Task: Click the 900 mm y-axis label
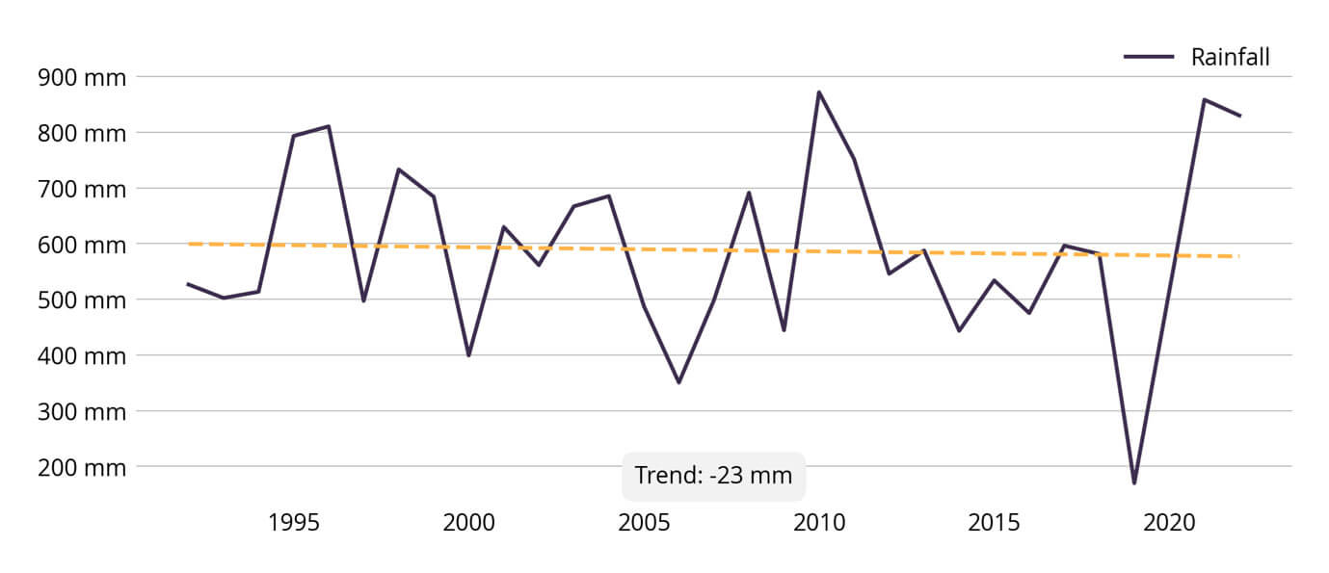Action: pyautogui.click(x=81, y=77)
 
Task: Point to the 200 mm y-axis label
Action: pyautogui.click(x=81, y=467)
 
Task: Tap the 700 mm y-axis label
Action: pyautogui.click(x=81, y=189)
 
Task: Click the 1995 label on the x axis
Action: pyautogui.click(x=293, y=523)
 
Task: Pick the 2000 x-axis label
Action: pyautogui.click(x=468, y=523)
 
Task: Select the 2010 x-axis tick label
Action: pyautogui.click(x=819, y=523)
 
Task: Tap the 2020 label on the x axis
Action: pyautogui.click(x=1169, y=523)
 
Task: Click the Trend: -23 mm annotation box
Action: pyautogui.click(x=713, y=476)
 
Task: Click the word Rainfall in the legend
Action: pyautogui.click(x=1230, y=58)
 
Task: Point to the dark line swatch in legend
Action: pyautogui.click(x=1148, y=58)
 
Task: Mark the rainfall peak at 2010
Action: pyautogui.click(x=819, y=92)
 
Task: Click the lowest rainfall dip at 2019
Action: pyautogui.click(x=1134, y=482)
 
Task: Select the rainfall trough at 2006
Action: pyautogui.click(x=678, y=382)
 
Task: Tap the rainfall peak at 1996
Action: pyautogui.click(x=329, y=126)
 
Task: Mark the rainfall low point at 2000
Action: pyautogui.click(x=468, y=355)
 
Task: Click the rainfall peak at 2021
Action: pyautogui.click(x=1204, y=99)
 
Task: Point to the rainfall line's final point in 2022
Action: pyautogui.click(x=1239, y=116)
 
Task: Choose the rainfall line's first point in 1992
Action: pyautogui.click(x=188, y=284)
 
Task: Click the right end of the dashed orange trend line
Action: pyautogui.click(x=1237, y=256)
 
